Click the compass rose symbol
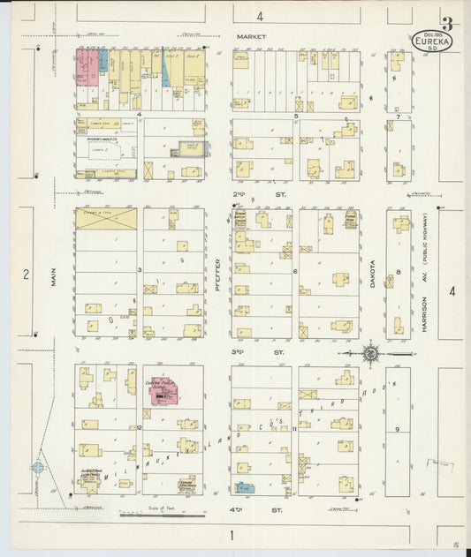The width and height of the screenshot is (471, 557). coord(371,354)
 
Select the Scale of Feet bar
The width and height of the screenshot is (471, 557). coord(152,513)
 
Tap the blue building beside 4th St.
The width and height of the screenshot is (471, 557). coord(245,486)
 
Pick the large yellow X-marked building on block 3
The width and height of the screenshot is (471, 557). coord(106,219)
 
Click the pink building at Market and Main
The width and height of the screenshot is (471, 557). coord(87,67)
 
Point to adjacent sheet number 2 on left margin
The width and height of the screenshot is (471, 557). coord(26,275)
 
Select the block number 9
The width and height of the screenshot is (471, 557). coord(398,429)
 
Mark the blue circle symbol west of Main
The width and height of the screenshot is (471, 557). coord(38,468)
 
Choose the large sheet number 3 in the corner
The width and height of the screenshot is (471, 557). coord(448,24)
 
